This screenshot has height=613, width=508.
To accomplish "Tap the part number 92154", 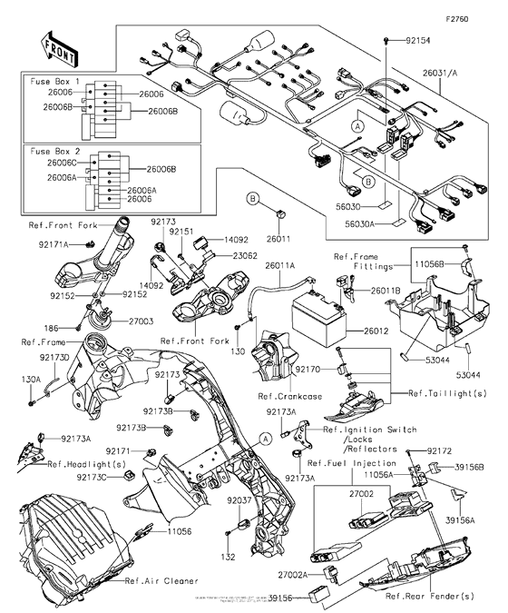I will [x=413, y=42].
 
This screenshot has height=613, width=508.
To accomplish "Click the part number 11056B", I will [x=428, y=263].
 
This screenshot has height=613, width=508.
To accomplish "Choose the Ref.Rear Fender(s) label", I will [x=428, y=596].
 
